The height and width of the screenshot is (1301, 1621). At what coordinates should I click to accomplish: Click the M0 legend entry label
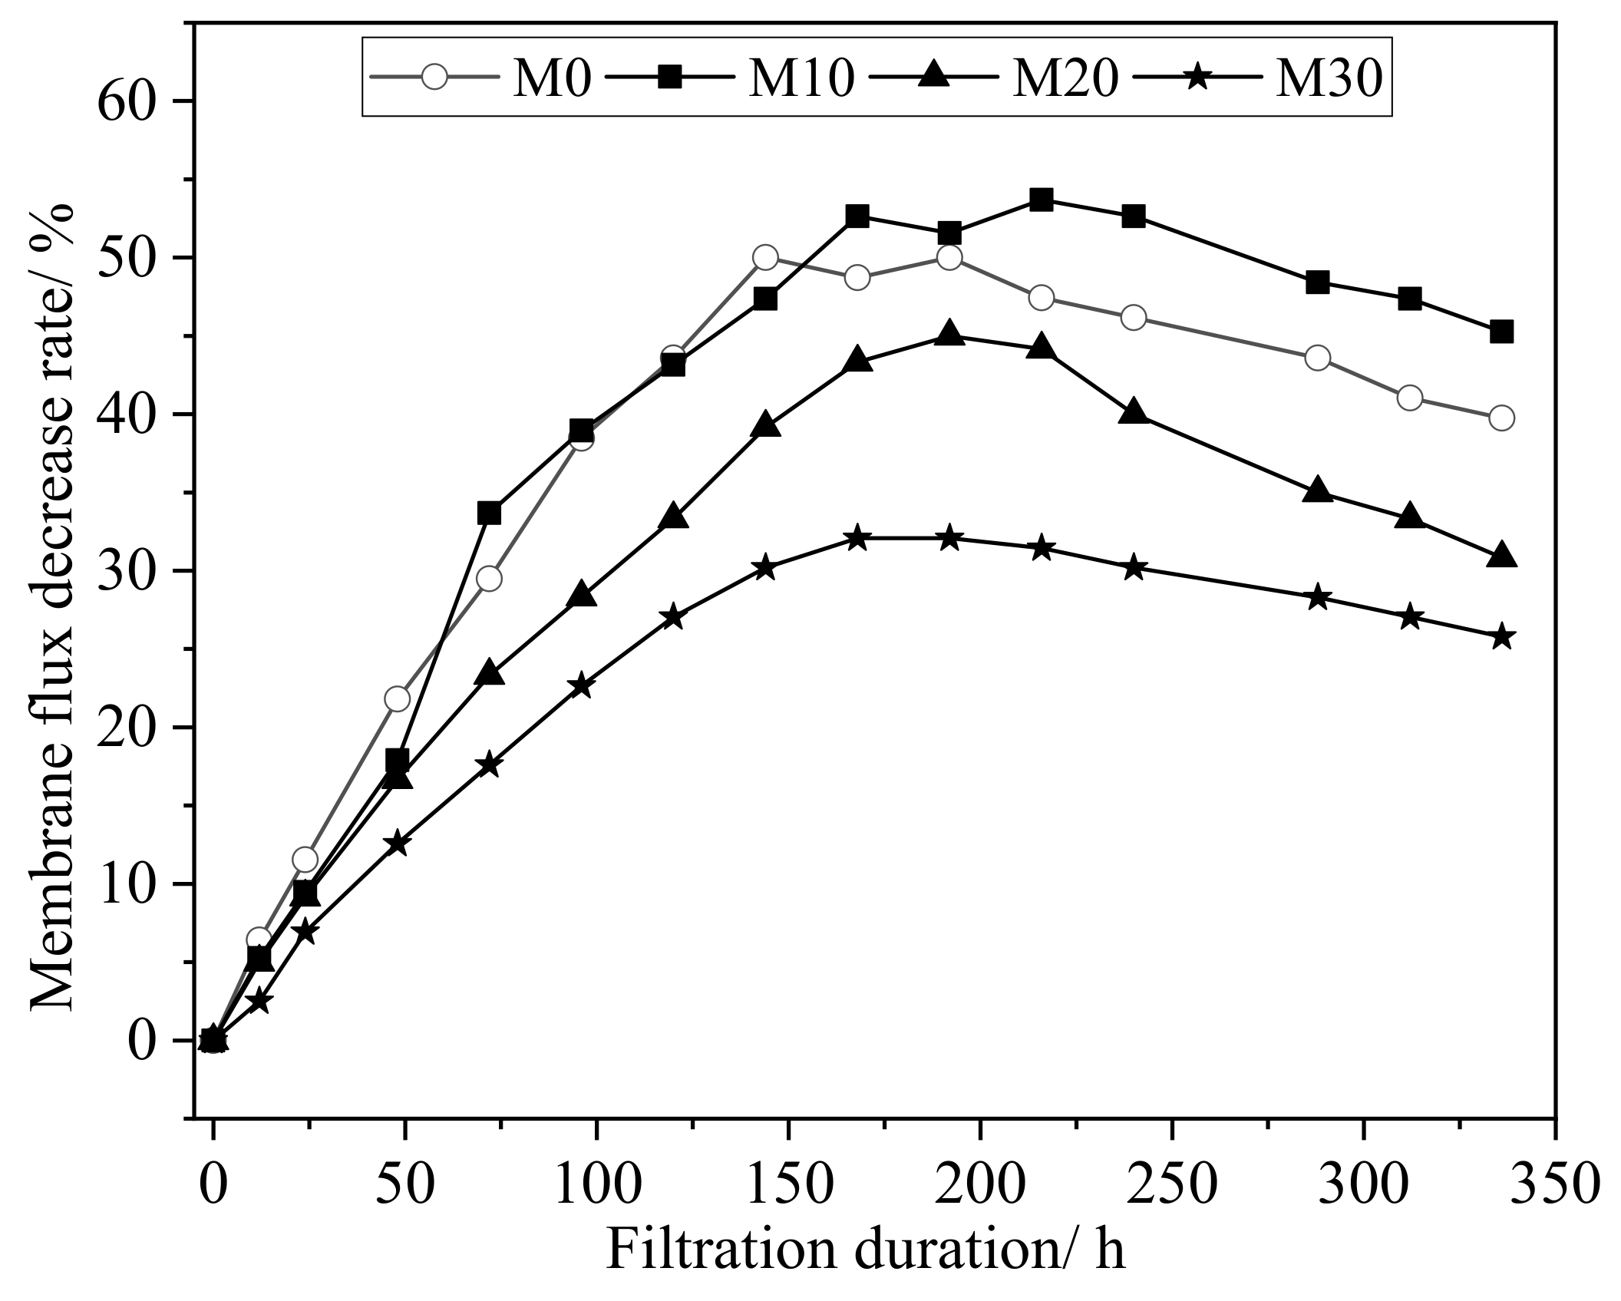point(551,79)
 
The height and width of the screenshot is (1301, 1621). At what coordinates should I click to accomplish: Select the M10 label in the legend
point(801,79)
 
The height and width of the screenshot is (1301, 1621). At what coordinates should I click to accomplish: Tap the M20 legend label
point(1065,79)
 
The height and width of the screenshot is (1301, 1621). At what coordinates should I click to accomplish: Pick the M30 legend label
point(1329,79)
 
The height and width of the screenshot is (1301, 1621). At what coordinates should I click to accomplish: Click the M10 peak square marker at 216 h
point(1042,200)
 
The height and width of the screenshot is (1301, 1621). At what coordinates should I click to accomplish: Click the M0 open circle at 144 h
point(765,257)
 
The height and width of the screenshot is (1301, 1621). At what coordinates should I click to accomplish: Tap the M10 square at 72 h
point(489,513)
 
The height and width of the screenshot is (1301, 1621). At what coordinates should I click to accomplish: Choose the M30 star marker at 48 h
point(397,844)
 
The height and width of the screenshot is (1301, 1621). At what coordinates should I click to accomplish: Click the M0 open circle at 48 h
point(397,698)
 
